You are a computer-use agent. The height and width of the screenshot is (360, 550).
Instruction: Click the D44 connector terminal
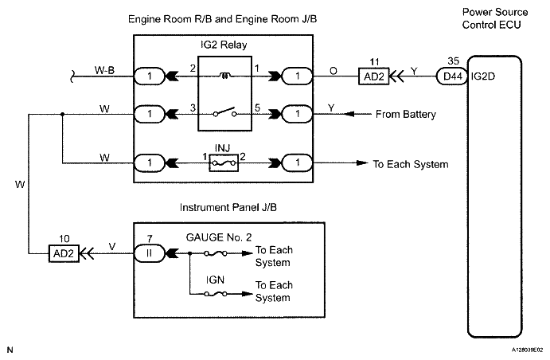(x=452, y=76)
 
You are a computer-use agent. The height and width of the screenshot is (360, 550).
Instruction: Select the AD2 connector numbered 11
(x=374, y=76)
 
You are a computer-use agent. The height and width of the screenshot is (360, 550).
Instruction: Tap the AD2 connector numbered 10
(x=64, y=253)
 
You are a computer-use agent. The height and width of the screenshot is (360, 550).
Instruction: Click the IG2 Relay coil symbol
(x=224, y=75)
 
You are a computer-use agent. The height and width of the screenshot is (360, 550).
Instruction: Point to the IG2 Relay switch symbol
(x=224, y=112)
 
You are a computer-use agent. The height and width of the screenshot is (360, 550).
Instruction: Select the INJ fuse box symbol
(x=224, y=162)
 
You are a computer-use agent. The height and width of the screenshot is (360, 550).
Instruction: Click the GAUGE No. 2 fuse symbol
(x=216, y=253)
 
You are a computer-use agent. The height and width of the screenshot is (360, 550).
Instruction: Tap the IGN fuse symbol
(x=216, y=294)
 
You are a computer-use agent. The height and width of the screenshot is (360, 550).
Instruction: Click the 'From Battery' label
(x=406, y=115)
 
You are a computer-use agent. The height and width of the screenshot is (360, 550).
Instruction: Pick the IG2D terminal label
(x=483, y=76)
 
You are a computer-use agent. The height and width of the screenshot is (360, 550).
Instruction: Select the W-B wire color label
(x=104, y=70)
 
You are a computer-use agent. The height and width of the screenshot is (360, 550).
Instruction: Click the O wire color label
(x=334, y=71)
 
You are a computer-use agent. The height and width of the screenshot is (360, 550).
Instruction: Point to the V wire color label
(x=112, y=247)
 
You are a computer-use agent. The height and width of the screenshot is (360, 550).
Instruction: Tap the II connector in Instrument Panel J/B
(x=149, y=253)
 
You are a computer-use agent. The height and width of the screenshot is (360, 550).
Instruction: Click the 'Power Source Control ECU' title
(x=494, y=18)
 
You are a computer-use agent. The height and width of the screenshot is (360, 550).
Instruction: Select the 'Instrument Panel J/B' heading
(x=228, y=207)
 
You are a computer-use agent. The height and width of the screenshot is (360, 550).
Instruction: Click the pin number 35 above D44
(x=453, y=61)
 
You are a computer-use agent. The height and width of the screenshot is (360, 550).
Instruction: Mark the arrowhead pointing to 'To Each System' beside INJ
(x=361, y=162)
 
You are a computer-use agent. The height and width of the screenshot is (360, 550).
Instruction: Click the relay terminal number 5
(x=257, y=108)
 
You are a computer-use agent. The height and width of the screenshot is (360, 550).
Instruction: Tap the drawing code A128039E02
(x=528, y=350)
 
